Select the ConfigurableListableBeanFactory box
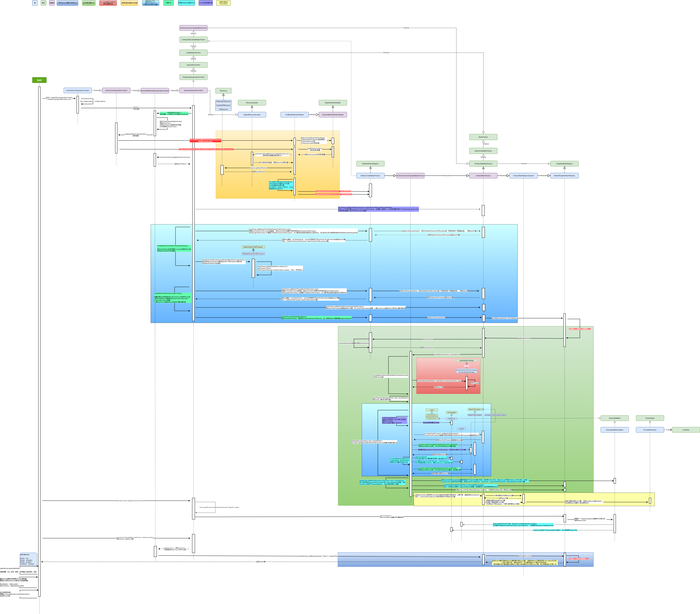click(194, 40)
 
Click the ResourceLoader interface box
click(252, 103)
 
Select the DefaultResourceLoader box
click(252, 115)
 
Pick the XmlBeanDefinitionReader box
click(295, 115)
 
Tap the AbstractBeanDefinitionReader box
click(333, 115)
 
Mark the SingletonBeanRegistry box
click(564, 164)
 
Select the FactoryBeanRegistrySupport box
click(523, 176)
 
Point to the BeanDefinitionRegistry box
click(371, 164)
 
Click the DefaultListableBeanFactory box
click(371, 176)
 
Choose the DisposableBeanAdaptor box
click(615, 430)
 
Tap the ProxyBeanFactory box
click(650, 430)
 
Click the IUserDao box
click(686, 430)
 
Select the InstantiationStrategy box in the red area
click(466, 361)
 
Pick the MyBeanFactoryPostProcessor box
click(253, 254)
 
